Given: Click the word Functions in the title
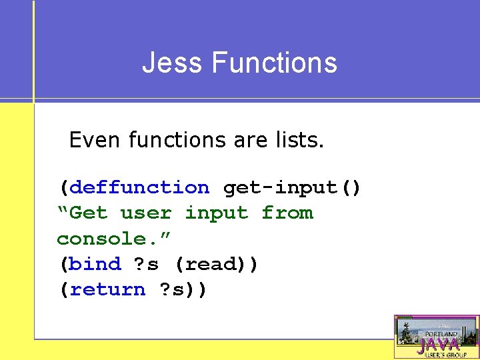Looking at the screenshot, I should pos(275,63).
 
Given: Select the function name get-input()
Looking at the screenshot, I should pos(292,188).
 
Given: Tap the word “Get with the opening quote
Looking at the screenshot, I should pos(82,213).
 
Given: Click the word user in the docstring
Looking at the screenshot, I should pos(145,213).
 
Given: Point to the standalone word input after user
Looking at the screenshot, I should pos(216,213).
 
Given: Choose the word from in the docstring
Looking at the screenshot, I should pos(287,213).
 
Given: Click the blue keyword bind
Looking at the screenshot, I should pos(95,264).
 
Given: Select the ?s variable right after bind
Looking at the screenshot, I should pos(146,264).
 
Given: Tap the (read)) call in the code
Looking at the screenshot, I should pos(216,264).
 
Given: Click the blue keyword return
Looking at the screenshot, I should pos(107,289).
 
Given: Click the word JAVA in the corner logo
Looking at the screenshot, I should pos(437,345).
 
